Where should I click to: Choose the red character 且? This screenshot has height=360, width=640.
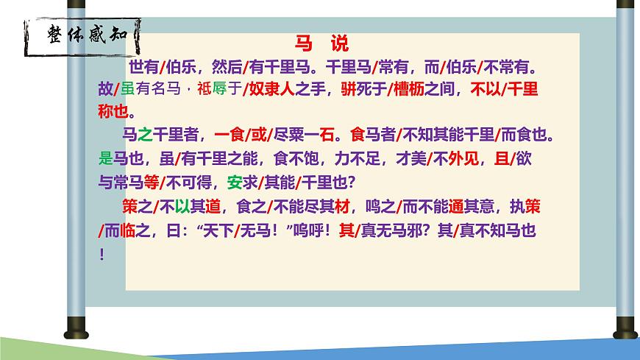[502, 158]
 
